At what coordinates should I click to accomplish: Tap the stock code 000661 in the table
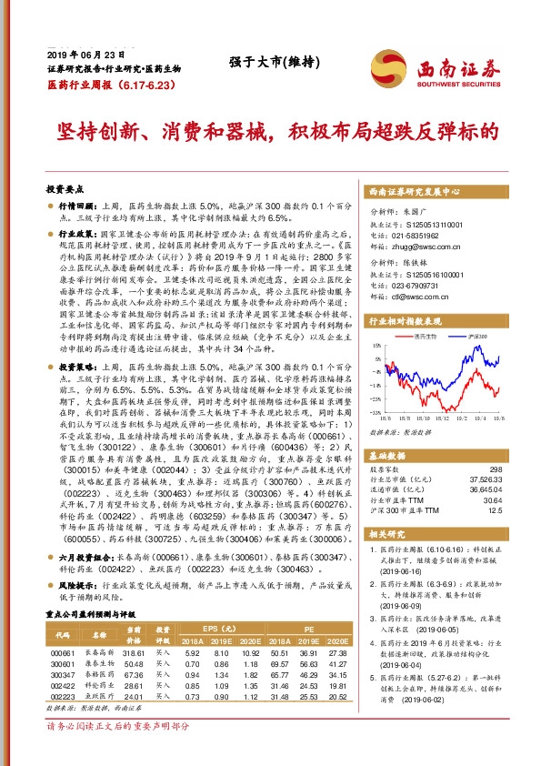click(x=62, y=651)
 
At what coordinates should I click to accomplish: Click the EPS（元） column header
click(x=215, y=628)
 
